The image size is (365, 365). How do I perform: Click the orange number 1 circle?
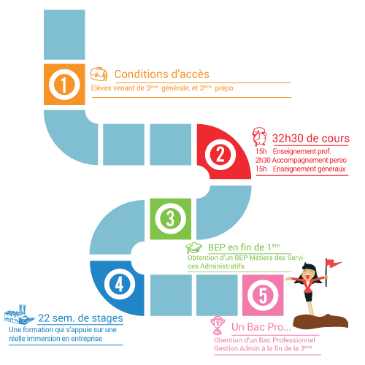point(64,85)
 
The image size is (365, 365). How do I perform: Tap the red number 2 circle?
point(220,154)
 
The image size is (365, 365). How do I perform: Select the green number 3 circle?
point(170,218)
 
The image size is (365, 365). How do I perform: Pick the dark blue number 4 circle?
point(120,284)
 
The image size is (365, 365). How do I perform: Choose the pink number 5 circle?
point(263,296)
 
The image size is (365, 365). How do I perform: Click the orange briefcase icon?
point(99,74)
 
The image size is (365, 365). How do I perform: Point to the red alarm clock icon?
point(259,137)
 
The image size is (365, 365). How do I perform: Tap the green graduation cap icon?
point(193,248)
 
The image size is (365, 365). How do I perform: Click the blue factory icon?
point(19,315)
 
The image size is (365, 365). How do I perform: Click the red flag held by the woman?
point(334,263)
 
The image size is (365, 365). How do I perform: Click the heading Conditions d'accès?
point(162,74)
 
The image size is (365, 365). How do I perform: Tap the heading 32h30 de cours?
point(311,138)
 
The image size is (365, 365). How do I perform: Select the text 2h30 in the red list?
point(263,160)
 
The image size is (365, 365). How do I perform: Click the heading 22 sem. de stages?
point(80,318)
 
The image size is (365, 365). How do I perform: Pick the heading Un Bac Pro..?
point(261,327)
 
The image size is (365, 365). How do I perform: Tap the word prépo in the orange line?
point(224,88)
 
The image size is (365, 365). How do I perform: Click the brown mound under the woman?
point(320,322)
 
